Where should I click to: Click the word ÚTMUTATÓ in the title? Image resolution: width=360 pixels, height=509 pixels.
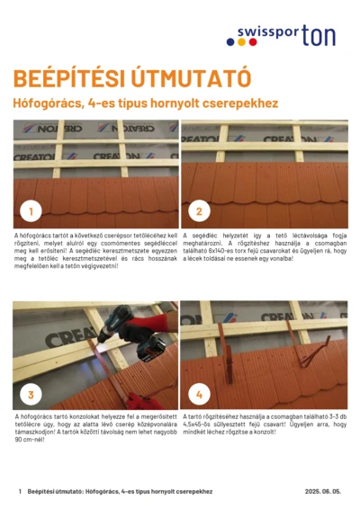tap(184, 77)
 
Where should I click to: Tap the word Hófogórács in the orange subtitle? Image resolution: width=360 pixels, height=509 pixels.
tap(49, 103)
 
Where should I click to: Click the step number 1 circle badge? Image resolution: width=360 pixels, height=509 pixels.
tap(31, 212)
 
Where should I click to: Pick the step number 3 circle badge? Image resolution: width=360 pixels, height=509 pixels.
tap(31, 394)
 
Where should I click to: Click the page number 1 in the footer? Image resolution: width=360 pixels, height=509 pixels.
tap(19, 492)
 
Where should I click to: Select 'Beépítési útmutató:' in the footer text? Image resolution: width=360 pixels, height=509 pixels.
tap(56, 492)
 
